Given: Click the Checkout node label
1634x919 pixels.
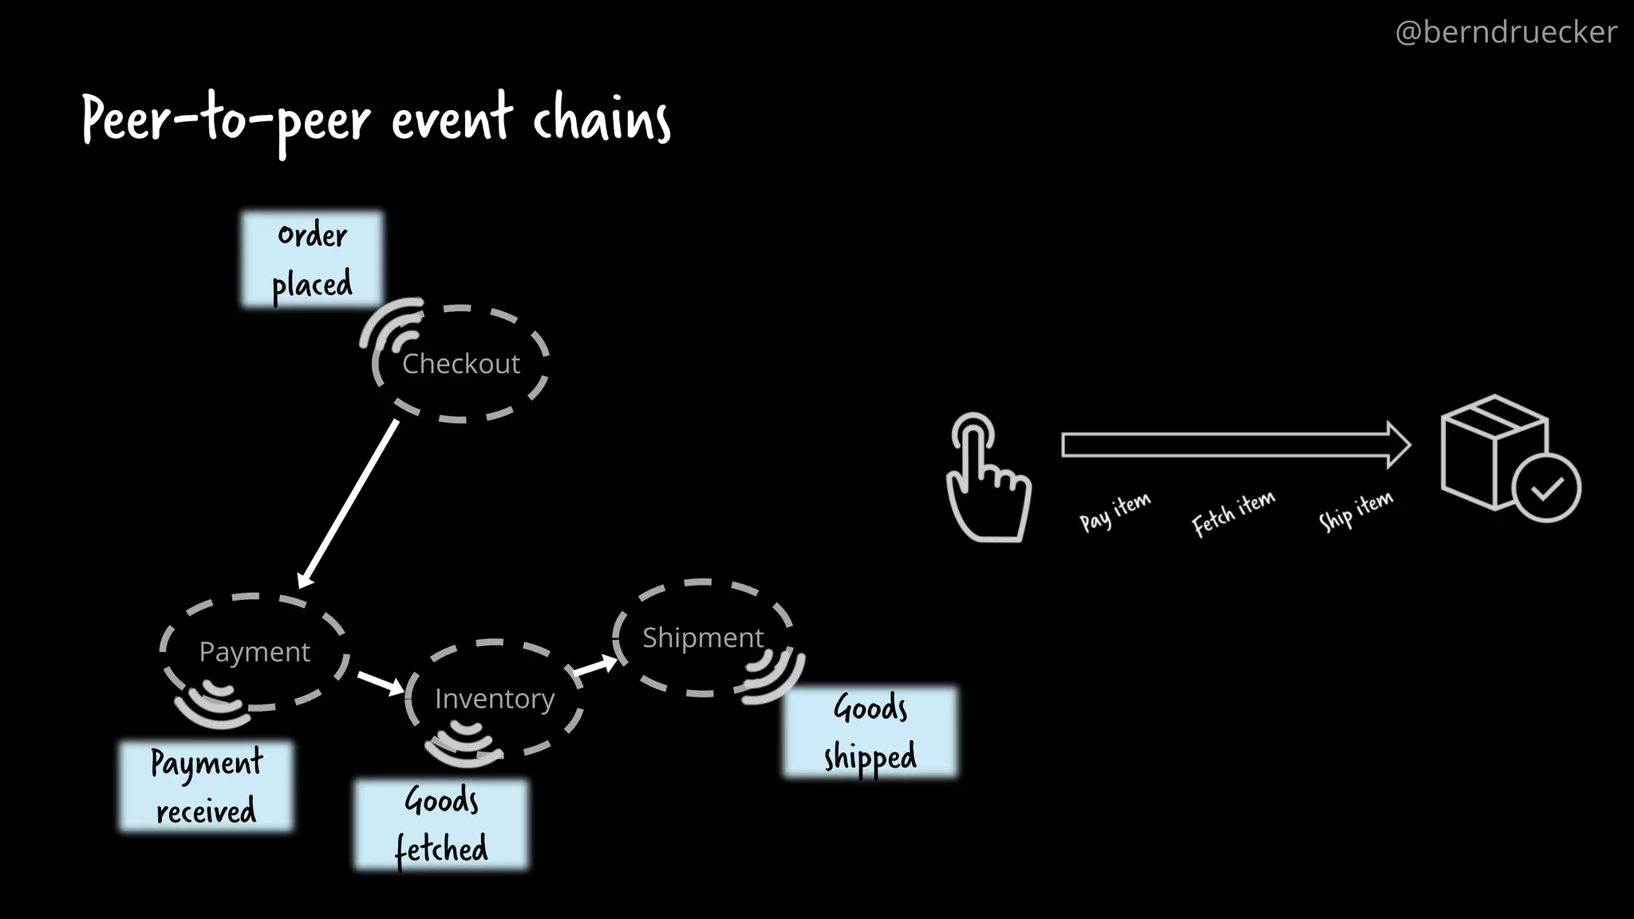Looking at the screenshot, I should point(460,364).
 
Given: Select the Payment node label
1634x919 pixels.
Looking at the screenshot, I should point(254,653).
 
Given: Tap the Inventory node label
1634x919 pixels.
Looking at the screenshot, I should point(494,699).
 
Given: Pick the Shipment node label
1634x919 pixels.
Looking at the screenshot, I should point(702,637).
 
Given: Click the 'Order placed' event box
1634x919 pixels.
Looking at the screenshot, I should point(312,259).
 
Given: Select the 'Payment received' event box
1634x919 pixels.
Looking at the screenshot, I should point(206,787).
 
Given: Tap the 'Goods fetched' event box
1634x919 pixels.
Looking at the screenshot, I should point(440,824).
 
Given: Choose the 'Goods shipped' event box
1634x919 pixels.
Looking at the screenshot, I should point(870,732).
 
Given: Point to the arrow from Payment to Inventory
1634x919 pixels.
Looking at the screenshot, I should point(381,683).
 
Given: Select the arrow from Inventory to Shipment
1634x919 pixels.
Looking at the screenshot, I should point(594,665).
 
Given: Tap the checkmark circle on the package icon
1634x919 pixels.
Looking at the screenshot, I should point(1546,488).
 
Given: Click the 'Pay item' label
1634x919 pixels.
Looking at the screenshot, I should point(1115,511).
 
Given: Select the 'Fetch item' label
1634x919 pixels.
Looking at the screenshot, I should point(1233,513).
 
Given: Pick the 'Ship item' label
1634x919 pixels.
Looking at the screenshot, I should point(1356,510).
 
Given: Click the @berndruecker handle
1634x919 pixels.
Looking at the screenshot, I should point(1506,32).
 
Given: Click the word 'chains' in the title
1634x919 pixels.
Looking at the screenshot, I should point(602,120).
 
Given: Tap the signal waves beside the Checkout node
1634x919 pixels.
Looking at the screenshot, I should point(392,325).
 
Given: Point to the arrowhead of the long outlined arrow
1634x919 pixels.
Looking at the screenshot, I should point(1399,444).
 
